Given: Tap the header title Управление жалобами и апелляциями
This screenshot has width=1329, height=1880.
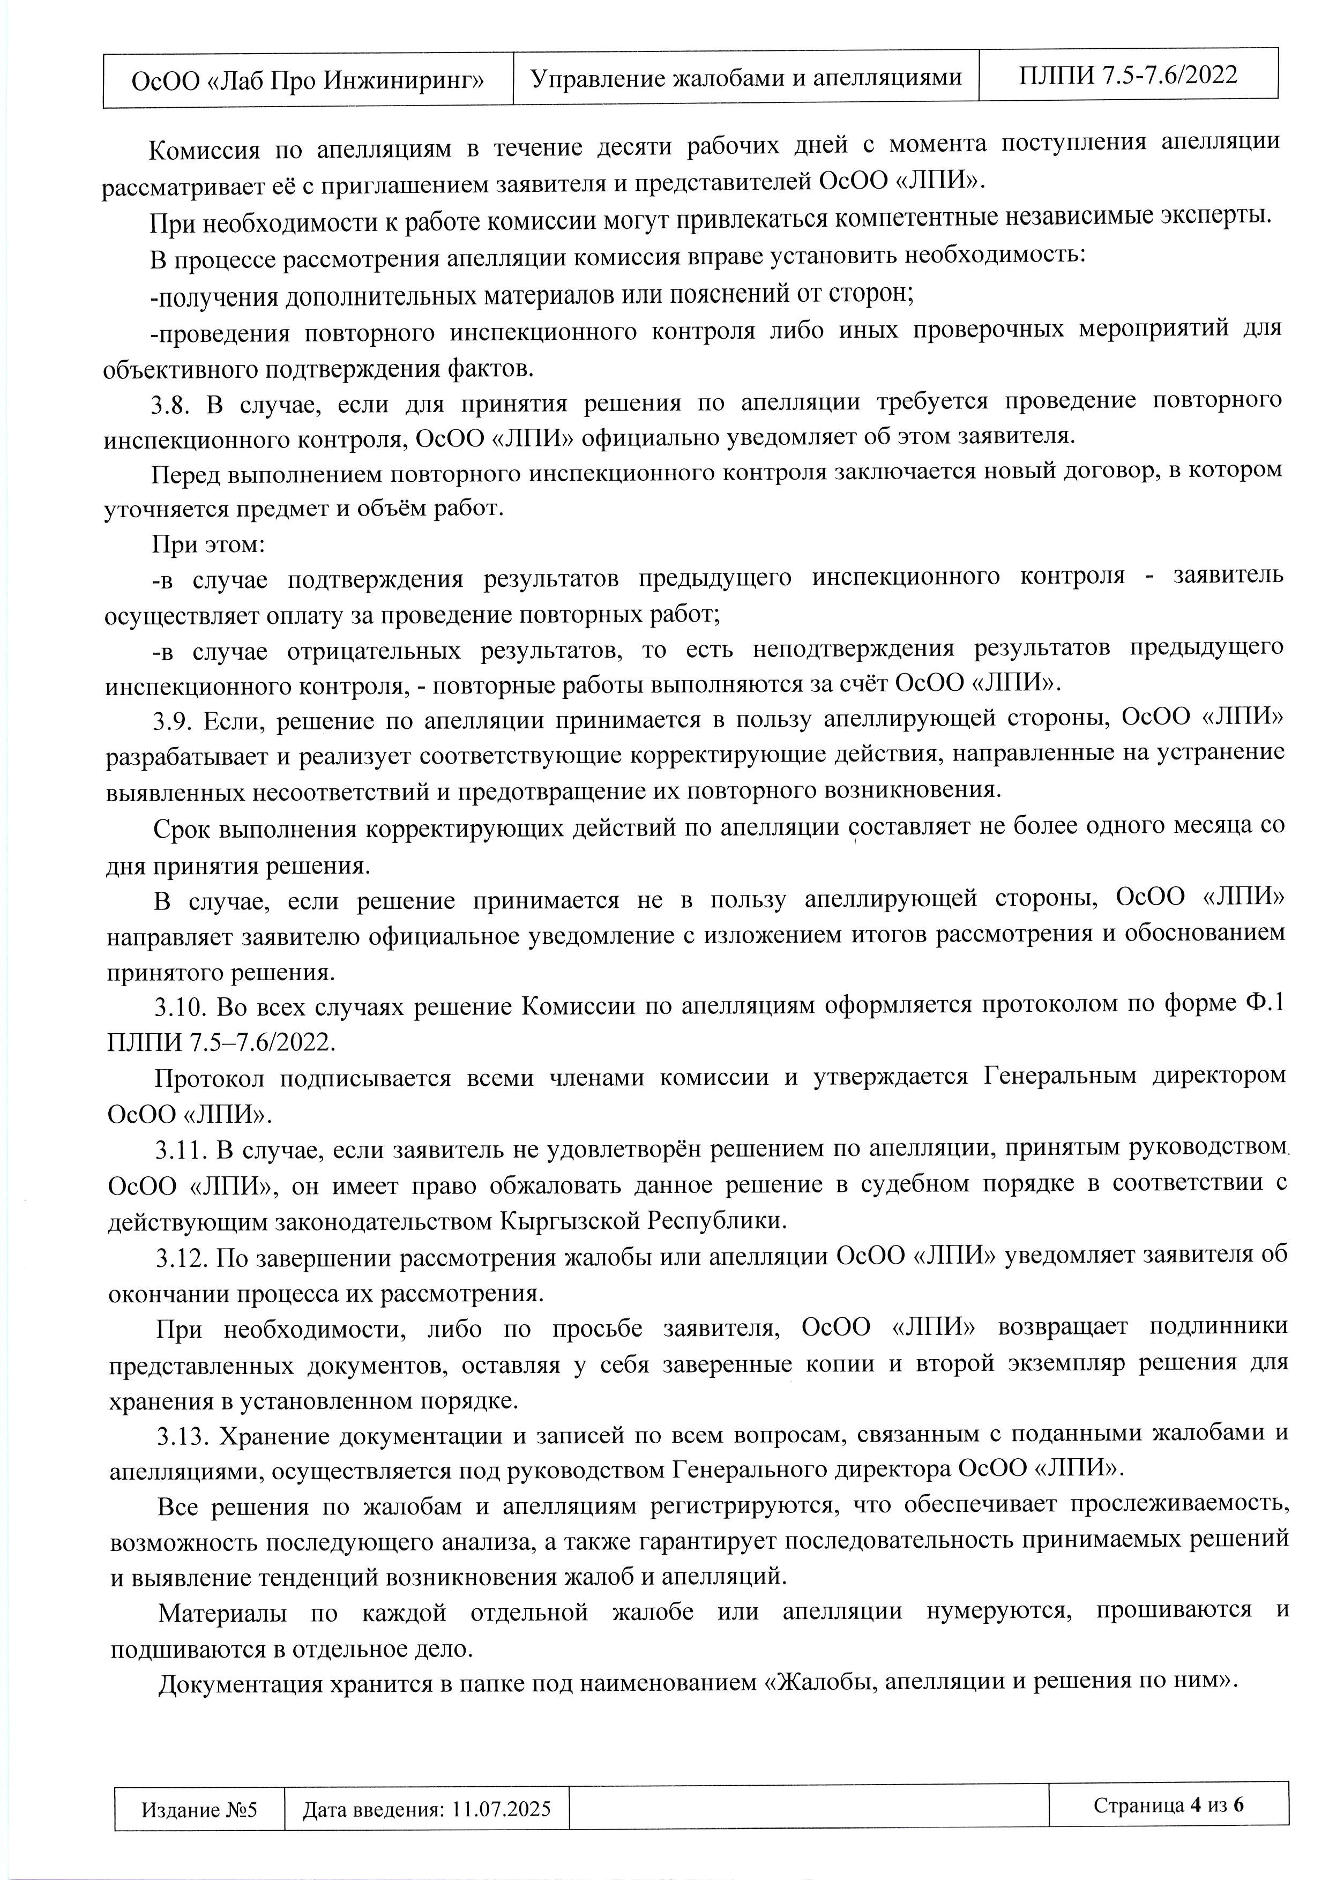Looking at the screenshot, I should [x=745, y=77].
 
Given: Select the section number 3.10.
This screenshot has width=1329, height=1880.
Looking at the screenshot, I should [x=180, y=1005].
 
